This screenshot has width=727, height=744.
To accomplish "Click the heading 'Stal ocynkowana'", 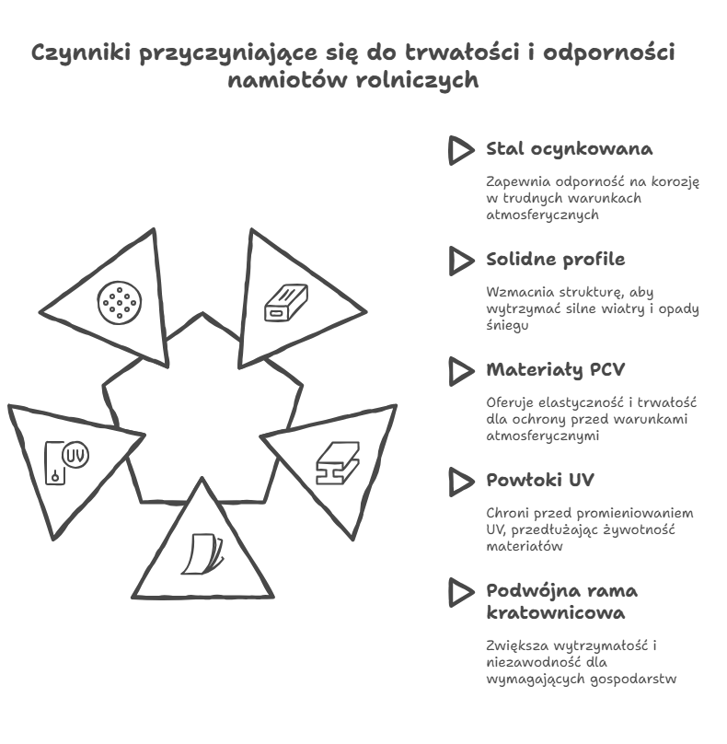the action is coord(569,149).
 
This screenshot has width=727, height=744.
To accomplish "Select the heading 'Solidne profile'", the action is coord(555,260).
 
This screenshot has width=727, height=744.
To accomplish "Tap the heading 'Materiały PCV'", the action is coord(555,369).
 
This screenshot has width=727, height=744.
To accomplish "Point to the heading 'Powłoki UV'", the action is coord(539,480).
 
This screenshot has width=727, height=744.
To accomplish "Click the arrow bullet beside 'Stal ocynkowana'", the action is coord(460,151).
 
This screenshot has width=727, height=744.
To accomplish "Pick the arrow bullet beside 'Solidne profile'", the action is coord(460,261).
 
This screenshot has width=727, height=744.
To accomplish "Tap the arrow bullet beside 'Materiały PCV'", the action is coord(460,371).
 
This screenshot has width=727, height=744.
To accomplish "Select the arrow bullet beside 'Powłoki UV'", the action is coord(460,482).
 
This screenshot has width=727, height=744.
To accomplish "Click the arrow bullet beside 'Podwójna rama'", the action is coord(460,593).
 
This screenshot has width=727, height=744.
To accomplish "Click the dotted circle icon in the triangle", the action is coord(120,303).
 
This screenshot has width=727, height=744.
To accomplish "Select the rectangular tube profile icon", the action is coord(286,303).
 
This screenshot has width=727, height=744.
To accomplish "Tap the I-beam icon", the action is coord(338,463).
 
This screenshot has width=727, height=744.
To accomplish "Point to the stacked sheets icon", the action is coord(202,554).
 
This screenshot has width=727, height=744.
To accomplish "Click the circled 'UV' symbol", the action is coord(75,455).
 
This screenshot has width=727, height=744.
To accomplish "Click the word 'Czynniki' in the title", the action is coord(81,53).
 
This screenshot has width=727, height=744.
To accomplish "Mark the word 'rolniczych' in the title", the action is coord(417,81).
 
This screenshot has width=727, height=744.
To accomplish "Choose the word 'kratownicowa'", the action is coord(555,613).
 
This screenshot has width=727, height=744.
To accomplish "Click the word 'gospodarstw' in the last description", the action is coord(633,680).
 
